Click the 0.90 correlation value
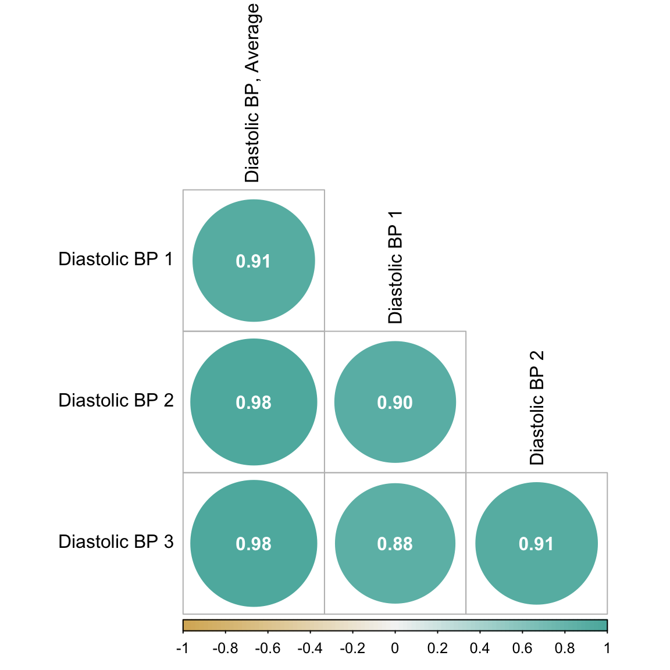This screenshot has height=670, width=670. [x=395, y=402]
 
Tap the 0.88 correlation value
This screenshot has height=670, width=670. [x=395, y=544]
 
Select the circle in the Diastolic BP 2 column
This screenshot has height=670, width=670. [x=536, y=544]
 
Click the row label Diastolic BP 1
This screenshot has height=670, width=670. [x=116, y=259]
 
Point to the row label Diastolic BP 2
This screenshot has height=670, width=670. [x=116, y=401]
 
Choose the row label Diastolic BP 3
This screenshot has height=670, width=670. [x=116, y=542]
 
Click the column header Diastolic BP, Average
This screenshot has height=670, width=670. [x=252, y=93]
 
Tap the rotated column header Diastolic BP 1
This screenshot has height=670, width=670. [x=395, y=267]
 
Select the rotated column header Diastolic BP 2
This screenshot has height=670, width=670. [x=537, y=408]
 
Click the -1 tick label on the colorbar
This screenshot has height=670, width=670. [x=183, y=648]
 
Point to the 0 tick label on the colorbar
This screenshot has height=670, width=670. [x=395, y=648]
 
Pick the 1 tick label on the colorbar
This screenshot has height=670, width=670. [x=607, y=648]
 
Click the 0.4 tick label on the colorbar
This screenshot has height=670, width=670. [x=480, y=648]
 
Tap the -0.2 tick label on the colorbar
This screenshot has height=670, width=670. [x=352, y=648]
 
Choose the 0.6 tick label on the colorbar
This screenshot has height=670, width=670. [x=522, y=648]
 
